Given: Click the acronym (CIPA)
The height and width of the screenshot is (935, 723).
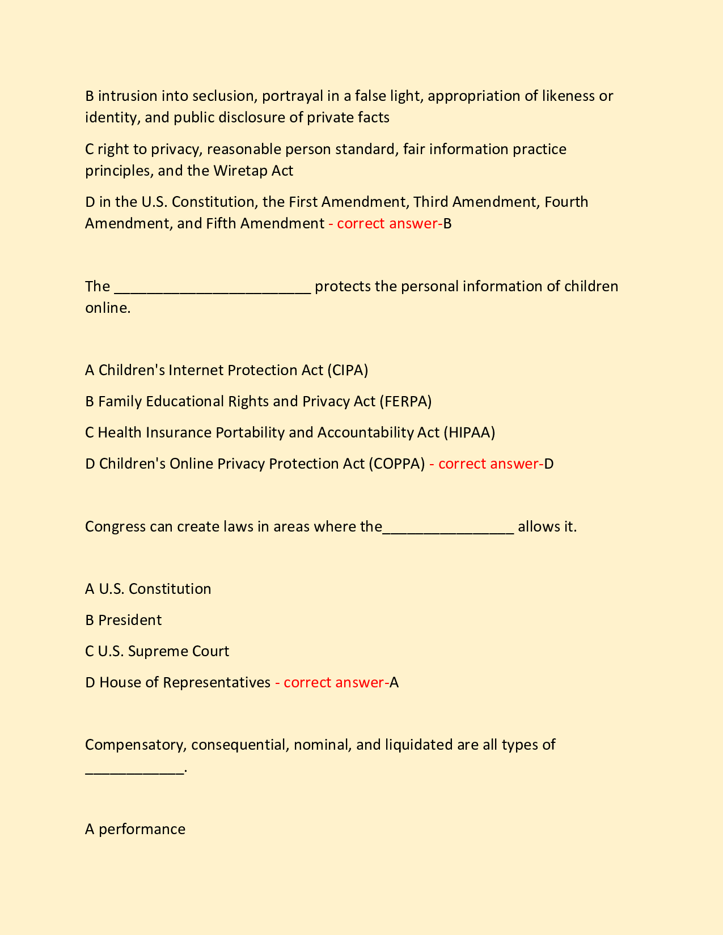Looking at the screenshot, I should coord(348,370).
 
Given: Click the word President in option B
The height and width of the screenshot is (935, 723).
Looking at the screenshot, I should coord(130,620).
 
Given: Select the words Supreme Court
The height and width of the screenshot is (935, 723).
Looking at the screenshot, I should coord(179,651).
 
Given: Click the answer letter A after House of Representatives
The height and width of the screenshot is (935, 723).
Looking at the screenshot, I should coord(394,682).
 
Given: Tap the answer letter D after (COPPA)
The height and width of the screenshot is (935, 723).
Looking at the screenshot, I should coord(548,464).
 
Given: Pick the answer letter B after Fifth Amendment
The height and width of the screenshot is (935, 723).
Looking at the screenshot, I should coord(447,223).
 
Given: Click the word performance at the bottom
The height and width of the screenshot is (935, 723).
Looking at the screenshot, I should coord(142,830).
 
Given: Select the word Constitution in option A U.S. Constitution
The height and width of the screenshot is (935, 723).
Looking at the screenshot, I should coord(170,589).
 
